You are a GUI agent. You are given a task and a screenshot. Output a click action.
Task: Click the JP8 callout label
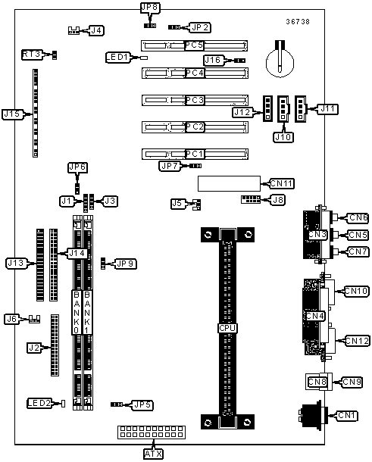(x=149, y=8)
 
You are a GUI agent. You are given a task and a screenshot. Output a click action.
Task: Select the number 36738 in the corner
(x=298, y=21)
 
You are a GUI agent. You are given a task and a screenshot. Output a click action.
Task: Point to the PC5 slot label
(x=194, y=45)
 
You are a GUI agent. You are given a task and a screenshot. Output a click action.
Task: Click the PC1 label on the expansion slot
(x=195, y=154)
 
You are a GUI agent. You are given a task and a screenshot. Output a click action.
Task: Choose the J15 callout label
(x=12, y=114)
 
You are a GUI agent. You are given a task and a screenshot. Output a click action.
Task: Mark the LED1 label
(x=117, y=57)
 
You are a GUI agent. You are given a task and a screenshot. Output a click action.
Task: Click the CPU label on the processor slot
(x=227, y=328)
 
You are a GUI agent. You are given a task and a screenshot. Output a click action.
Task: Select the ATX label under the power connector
(x=153, y=454)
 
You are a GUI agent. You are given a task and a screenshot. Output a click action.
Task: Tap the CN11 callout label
(x=282, y=183)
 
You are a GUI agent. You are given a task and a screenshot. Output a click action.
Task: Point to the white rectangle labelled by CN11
(x=229, y=183)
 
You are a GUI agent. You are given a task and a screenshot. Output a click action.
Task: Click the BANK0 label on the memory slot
(x=77, y=312)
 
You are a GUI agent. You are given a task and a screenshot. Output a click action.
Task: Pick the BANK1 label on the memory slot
(x=87, y=312)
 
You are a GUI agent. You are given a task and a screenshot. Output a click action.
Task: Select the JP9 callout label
(x=126, y=264)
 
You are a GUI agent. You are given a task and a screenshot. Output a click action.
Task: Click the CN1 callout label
(x=347, y=416)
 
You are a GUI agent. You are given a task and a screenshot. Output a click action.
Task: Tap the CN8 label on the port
(x=317, y=382)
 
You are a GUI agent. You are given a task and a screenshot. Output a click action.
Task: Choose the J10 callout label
(x=283, y=137)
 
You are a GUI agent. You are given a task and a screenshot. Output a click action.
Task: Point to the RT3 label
(x=32, y=55)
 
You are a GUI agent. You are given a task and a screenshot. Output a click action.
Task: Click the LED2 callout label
(x=39, y=403)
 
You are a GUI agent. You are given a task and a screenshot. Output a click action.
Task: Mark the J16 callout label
(x=214, y=60)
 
